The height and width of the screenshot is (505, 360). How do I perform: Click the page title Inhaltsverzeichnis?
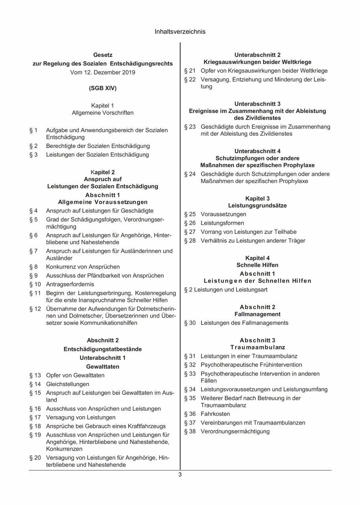[180, 32]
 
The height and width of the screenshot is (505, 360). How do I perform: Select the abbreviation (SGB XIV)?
[103, 88]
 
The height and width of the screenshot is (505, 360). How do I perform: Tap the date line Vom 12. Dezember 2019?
[103, 72]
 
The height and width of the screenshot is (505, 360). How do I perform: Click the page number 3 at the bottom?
[180, 475]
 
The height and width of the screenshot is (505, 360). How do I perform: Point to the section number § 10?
[35, 284]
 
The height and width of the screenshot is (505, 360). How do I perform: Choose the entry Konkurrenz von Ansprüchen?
[83, 267]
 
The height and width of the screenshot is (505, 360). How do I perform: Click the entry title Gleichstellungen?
[67, 384]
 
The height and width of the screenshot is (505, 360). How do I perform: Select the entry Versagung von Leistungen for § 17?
[81, 417]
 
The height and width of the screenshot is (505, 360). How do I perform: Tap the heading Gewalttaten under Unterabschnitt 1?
[103, 367]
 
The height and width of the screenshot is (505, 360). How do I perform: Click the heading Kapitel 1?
[103, 106]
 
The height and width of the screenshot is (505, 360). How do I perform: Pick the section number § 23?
[190, 127]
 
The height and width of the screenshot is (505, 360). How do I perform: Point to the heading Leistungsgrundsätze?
[257, 206]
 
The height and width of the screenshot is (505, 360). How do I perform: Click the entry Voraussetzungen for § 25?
[223, 214]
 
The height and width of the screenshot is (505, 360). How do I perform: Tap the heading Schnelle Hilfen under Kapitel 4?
[257, 265]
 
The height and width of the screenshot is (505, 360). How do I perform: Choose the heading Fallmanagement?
[257, 314]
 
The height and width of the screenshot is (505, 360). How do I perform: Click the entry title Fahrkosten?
[215, 414]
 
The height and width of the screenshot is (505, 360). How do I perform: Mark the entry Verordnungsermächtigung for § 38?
[235, 431]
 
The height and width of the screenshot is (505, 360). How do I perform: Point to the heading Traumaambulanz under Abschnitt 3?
[257, 347]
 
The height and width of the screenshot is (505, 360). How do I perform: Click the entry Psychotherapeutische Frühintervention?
[251, 365]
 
